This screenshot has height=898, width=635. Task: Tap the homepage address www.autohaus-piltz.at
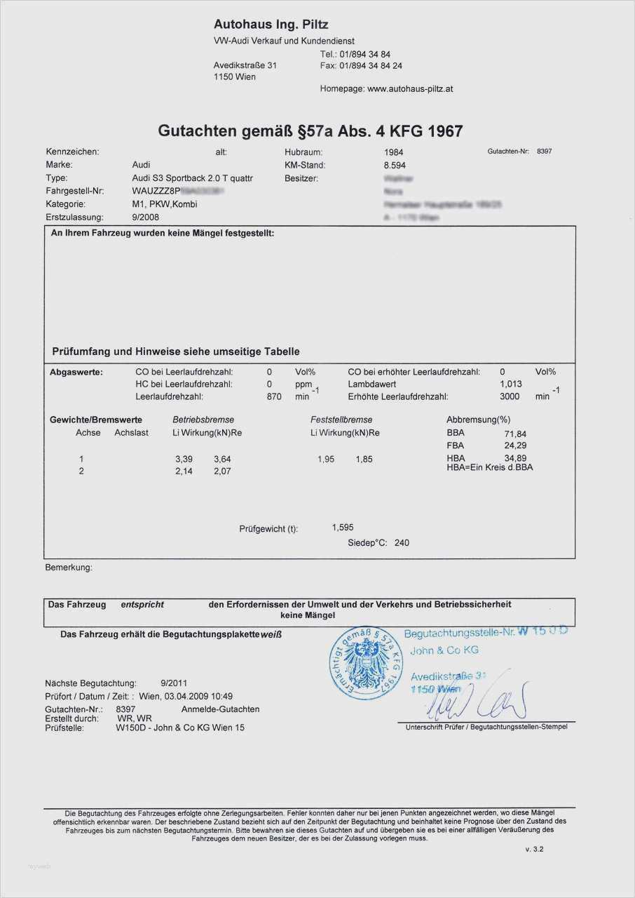pos(410,89)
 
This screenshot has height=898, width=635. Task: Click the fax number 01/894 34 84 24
pos(371,65)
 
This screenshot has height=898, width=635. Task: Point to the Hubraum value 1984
pos(394,152)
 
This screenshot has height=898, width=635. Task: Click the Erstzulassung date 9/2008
pos(148,217)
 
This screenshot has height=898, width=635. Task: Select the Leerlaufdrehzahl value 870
pos(274,396)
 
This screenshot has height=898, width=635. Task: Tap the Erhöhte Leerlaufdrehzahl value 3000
pos(510,396)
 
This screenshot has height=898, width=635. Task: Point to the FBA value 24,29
pos(515,445)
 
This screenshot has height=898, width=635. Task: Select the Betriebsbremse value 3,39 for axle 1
pos(183,459)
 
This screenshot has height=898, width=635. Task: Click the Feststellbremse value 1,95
pos(326,459)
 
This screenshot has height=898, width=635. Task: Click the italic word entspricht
pos(142,604)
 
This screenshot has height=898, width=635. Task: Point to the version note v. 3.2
pos(534,849)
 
